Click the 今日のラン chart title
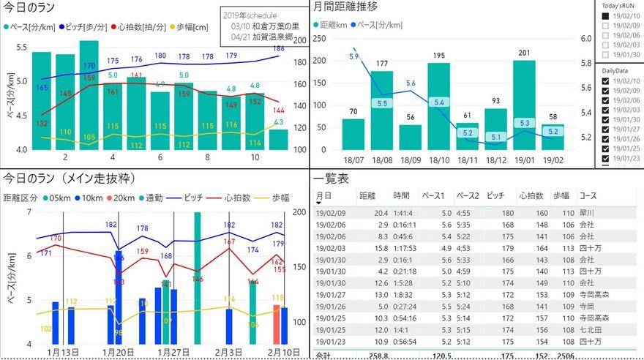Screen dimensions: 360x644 tap(28, 8)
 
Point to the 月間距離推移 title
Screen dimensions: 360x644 tap(346, 8)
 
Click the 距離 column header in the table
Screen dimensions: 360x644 tap(367, 196)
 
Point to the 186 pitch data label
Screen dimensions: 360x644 tap(278, 49)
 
